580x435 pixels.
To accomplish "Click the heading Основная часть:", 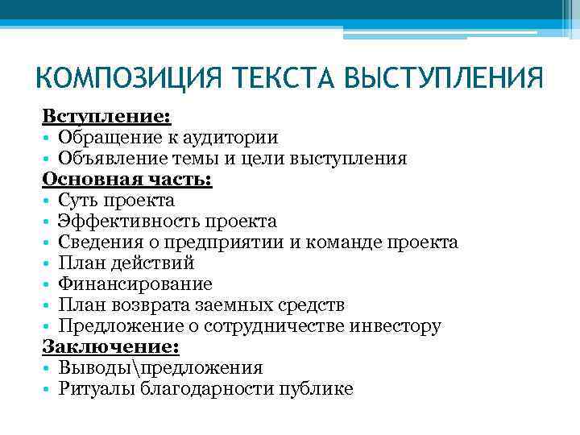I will coord(126,180).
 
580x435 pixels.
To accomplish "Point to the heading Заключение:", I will coord(111,347).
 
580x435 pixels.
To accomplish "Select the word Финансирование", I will coord(135,284).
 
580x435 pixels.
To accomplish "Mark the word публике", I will coord(314,389).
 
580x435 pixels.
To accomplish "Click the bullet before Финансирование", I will coord(48,285).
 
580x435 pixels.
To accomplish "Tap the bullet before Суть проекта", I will coord(48,201).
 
